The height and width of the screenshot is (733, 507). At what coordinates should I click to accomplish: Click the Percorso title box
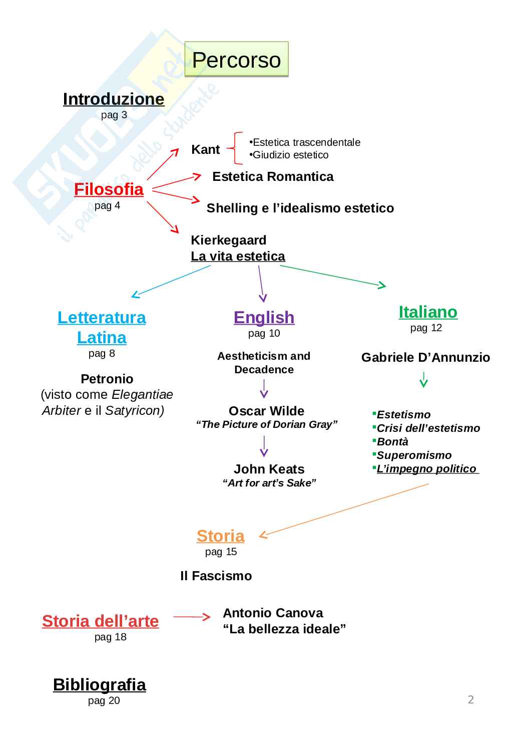[236, 60]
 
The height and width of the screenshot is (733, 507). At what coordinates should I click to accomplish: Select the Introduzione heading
[114, 99]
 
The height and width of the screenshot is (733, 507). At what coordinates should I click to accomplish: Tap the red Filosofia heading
[109, 189]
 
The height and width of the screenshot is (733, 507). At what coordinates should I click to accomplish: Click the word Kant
[205, 149]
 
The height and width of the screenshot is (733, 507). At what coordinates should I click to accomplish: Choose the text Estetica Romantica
[273, 176]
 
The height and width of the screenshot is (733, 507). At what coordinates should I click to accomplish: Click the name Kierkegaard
[228, 240]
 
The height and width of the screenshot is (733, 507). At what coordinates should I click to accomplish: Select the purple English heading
[264, 318]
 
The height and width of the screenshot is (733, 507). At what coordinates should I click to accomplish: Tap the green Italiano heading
[428, 312]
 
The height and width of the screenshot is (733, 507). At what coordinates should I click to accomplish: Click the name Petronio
[107, 379]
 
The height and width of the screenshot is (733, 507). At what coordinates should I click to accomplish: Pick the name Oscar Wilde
[266, 411]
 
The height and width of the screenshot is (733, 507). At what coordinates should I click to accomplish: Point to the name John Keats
[269, 469]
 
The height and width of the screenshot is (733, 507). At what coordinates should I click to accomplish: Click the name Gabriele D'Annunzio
[425, 357]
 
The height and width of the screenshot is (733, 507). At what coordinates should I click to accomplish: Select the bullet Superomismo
[414, 455]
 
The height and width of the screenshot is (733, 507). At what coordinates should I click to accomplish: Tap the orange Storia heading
[220, 536]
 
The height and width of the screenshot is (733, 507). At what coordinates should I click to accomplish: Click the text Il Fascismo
[216, 576]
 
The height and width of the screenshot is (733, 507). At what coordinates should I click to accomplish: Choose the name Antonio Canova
[273, 613]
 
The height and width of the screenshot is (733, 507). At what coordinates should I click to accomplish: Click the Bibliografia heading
[100, 685]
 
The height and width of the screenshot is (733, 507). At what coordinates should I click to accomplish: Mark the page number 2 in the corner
[470, 699]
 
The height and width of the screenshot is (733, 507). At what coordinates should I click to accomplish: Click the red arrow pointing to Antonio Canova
[192, 617]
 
